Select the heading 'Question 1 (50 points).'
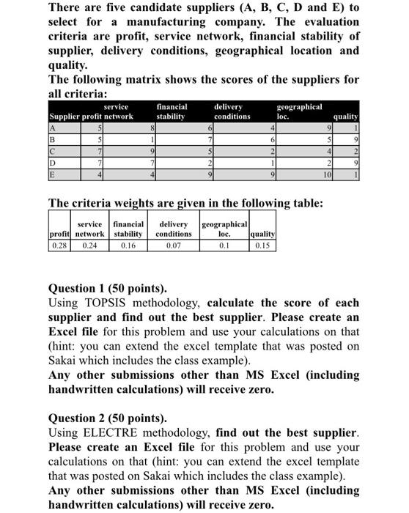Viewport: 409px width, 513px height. pyautogui.click(x=107, y=288)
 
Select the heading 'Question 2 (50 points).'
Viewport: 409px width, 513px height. pyautogui.click(x=107, y=418)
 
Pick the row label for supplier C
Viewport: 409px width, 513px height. pyautogui.click(x=52, y=152)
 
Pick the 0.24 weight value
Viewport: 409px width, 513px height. pyautogui.click(x=90, y=246)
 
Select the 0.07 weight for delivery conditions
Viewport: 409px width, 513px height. pyautogui.click(x=173, y=246)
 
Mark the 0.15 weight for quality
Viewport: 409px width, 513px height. pyautogui.click(x=262, y=246)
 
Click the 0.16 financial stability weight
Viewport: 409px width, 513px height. pyautogui.click(x=128, y=246)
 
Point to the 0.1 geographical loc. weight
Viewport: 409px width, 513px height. pyautogui.click(x=224, y=246)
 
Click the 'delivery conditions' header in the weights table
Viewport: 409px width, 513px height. pyautogui.click(x=173, y=229)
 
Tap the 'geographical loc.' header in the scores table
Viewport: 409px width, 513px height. pyautogui.click(x=299, y=111)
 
